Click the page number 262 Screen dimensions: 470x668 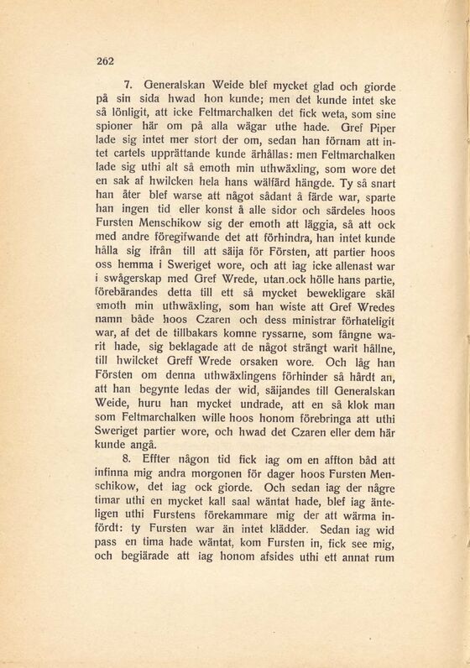105,60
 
